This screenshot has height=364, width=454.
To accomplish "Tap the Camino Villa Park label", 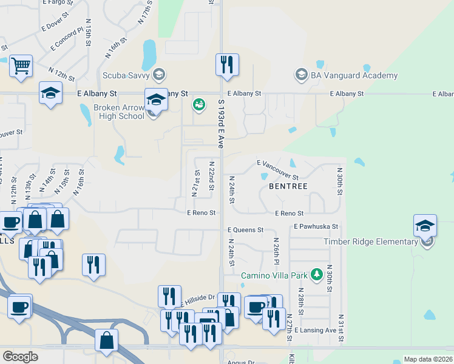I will pyautogui.click(x=275, y=275).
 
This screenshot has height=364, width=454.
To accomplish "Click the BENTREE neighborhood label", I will pyautogui.click(x=288, y=186).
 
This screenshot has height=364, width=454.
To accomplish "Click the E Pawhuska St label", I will pyautogui.click(x=315, y=226).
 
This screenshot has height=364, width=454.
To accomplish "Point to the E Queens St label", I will pyautogui.click(x=245, y=230).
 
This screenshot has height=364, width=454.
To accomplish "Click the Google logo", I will pyautogui.click(x=20, y=357).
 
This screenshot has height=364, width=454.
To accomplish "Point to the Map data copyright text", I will pyautogui.click(x=428, y=359).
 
